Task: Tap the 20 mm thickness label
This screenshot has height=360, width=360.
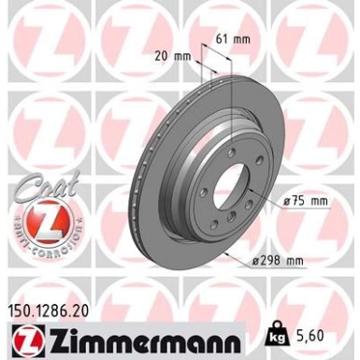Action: pos(177,55)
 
